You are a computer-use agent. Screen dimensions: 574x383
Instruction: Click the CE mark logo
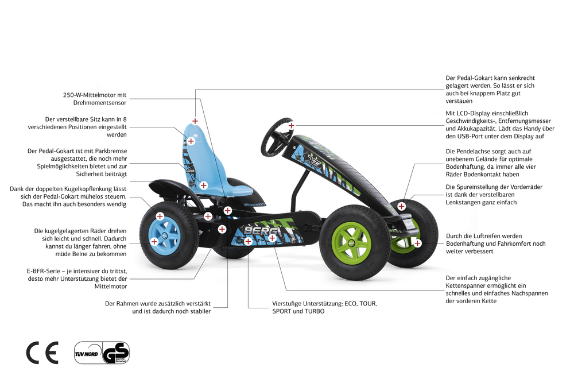(42, 353)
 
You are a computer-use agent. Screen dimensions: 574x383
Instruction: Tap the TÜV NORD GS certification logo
(102, 353)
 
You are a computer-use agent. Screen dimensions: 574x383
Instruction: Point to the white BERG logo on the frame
(261, 230)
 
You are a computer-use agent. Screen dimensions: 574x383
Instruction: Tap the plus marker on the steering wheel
(291, 126)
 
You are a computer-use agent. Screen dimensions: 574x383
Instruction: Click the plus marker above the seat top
(195, 121)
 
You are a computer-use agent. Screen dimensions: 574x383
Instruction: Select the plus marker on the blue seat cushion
(204, 185)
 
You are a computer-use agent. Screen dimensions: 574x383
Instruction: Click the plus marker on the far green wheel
(417, 243)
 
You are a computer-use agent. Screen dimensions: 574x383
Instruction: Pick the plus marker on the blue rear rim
(154, 241)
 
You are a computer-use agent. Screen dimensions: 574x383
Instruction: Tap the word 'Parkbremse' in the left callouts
(111, 151)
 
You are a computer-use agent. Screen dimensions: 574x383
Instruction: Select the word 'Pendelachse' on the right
(475, 151)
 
